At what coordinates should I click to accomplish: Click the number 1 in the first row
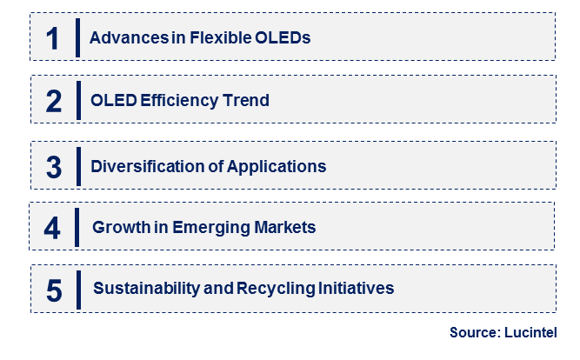point(54,37)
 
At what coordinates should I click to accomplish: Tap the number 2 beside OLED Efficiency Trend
point(54,101)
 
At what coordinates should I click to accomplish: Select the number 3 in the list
point(54,165)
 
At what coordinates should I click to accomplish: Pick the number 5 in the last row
point(54,290)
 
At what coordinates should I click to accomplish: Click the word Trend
point(247,101)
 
